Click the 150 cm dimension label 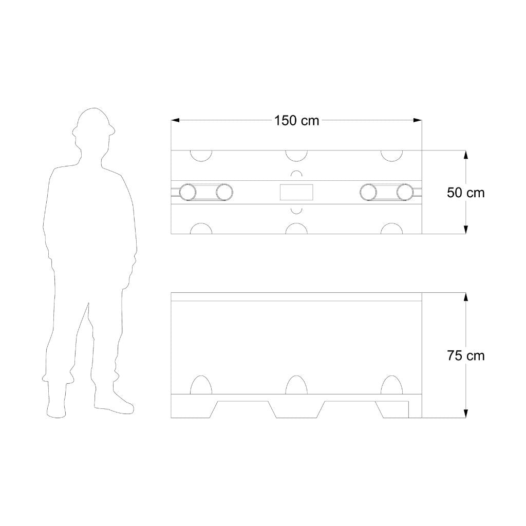tap(296, 121)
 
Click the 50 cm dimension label tap(465, 193)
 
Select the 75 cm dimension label tap(465, 355)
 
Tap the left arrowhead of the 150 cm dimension tap(175, 120)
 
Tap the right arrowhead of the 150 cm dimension tap(418, 120)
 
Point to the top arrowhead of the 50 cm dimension tap(465, 155)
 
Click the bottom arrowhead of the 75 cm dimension tap(465, 414)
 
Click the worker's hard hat tap(93, 122)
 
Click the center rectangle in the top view tap(296, 192)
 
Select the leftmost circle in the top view tap(187, 193)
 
